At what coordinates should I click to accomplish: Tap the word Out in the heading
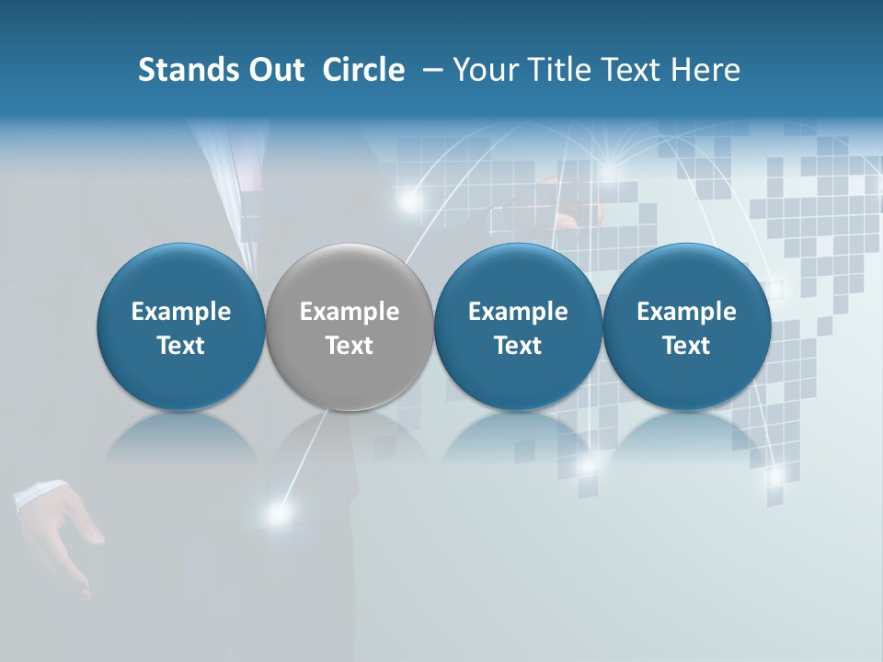[x=274, y=70]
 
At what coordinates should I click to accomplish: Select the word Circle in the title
[x=363, y=70]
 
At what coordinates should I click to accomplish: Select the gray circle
[x=350, y=276]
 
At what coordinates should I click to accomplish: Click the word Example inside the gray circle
[x=350, y=312]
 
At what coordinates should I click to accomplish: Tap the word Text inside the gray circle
[x=350, y=346]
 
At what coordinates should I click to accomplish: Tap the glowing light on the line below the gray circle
[x=276, y=514]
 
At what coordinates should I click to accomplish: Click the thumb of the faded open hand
[x=90, y=528]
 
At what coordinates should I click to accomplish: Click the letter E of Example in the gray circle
[x=306, y=312]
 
